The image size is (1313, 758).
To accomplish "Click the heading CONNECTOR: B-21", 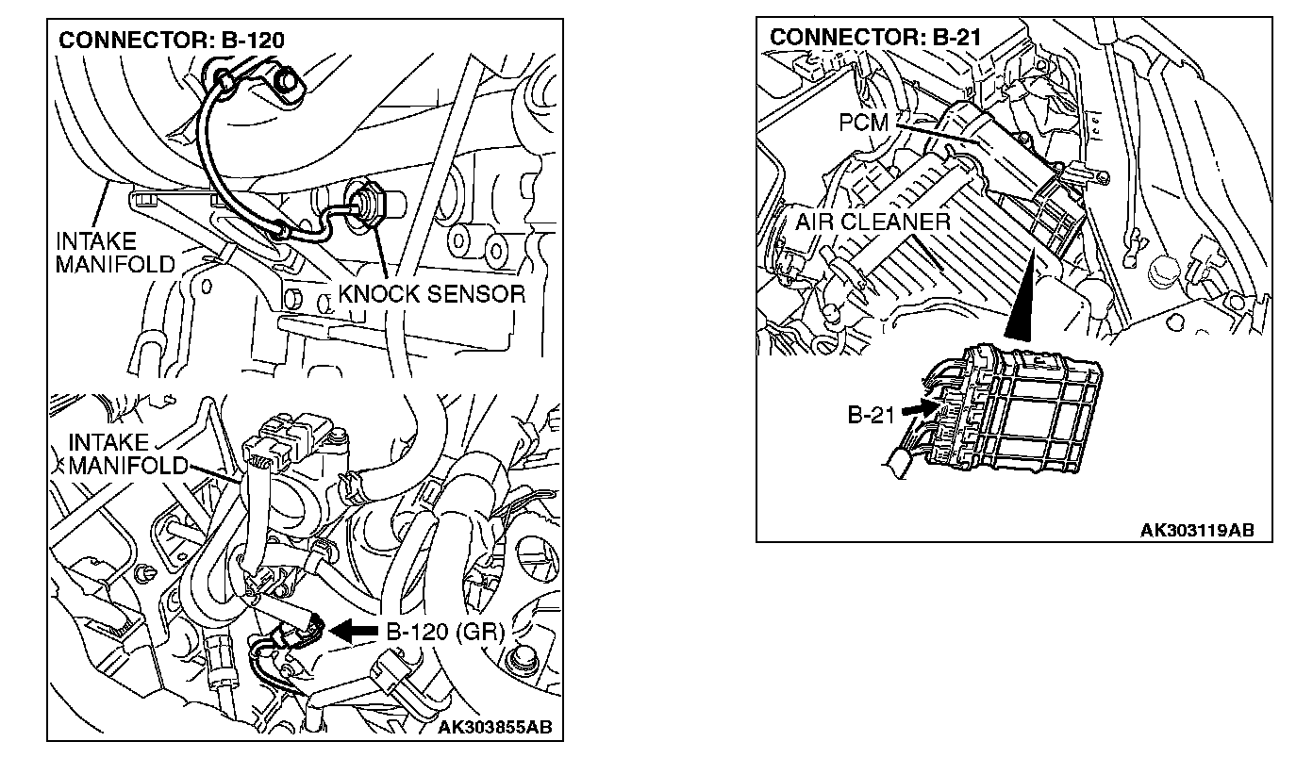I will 876,37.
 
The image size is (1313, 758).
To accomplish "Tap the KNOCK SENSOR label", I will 431,293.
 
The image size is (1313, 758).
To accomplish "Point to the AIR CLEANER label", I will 873,222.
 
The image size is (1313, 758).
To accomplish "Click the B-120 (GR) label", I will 444,631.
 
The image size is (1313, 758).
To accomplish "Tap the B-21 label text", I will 870,415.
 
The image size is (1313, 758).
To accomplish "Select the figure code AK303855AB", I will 495,727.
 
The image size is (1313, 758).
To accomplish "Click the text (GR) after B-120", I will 480,631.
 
